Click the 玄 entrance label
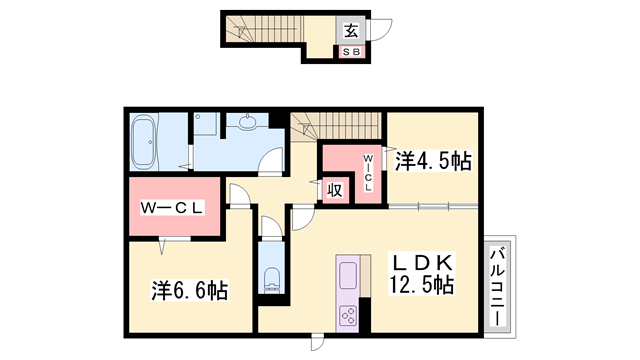click(x=354, y=29)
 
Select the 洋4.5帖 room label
click(x=433, y=160)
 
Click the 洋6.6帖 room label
click(x=189, y=291)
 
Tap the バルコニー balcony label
click(x=497, y=285)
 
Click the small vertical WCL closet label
click(x=367, y=171)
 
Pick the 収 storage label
click(x=334, y=187)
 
